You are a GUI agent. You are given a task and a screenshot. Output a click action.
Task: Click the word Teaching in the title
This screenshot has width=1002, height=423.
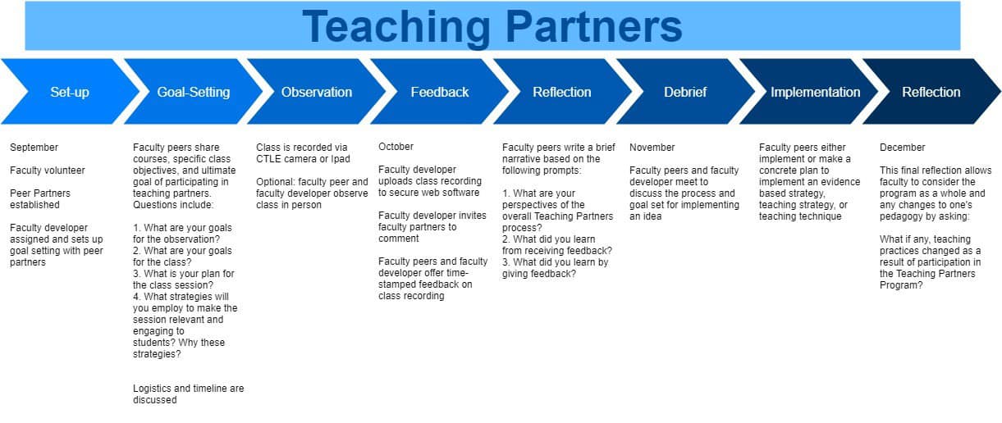point(396,28)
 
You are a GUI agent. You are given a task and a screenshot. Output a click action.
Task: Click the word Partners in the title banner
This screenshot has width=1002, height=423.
point(594,26)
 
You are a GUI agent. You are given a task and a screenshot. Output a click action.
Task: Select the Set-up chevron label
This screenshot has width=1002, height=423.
point(70,93)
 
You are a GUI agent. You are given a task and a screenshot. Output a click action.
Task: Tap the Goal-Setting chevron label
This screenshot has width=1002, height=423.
point(193,93)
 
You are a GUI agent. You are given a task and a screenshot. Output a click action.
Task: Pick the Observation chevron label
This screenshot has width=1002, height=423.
point(317,92)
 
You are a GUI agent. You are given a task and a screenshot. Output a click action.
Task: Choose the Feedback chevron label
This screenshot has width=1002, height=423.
point(440,92)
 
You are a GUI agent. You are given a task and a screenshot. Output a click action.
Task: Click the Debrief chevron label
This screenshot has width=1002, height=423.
point(685,92)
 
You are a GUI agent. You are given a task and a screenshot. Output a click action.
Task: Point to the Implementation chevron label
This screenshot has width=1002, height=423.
point(815,93)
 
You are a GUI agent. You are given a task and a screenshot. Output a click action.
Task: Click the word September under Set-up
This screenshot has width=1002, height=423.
point(34,148)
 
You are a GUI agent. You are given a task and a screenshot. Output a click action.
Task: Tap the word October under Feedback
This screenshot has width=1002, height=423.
point(396,147)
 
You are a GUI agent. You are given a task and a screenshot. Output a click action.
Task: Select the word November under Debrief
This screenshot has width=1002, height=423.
point(652,148)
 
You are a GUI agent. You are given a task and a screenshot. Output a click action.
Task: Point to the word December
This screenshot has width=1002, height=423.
point(902,148)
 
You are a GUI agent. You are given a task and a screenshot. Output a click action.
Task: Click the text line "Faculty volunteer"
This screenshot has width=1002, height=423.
point(48,171)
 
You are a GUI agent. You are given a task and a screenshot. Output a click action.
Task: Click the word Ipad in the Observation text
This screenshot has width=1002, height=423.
point(341,160)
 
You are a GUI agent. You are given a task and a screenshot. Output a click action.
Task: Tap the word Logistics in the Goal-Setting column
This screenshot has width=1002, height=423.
point(152,389)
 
